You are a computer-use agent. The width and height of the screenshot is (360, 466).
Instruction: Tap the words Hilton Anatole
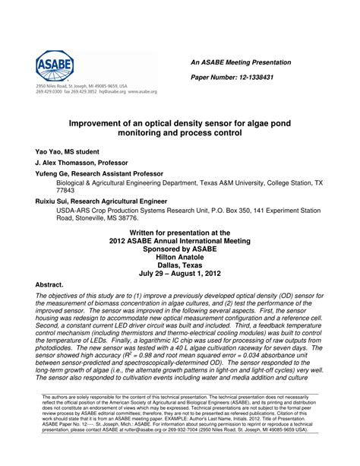pos(180,256)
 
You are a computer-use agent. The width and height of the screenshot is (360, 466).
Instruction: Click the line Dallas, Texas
pos(180,265)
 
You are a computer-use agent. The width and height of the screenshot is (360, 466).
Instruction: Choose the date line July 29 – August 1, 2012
pos(180,273)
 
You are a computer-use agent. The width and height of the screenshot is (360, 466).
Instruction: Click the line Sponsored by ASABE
pos(180,248)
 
